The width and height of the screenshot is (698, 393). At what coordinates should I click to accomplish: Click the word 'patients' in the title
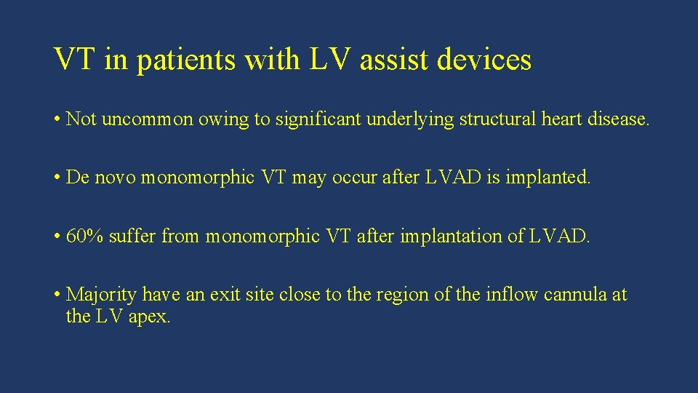[185, 60]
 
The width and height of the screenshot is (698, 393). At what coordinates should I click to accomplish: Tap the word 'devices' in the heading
[484, 59]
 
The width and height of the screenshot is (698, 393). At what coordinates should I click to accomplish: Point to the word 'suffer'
[132, 236]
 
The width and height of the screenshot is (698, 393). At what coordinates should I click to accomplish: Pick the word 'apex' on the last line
[149, 317]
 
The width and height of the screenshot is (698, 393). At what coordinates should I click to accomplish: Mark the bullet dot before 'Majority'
[57, 295]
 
